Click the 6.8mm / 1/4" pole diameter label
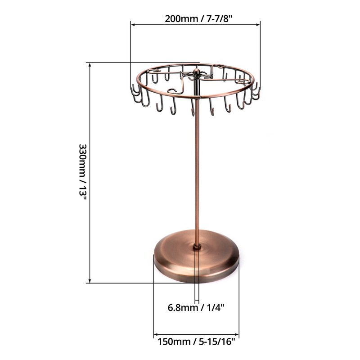point(196,308)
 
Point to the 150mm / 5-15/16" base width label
point(196,341)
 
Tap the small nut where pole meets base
point(197,246)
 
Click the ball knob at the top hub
point(197,72)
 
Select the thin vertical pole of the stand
point(197,171)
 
